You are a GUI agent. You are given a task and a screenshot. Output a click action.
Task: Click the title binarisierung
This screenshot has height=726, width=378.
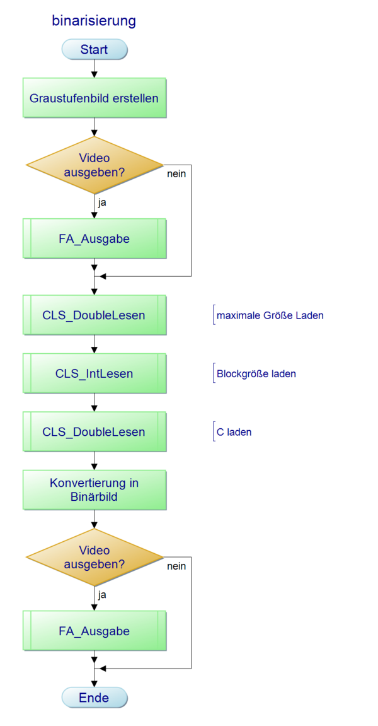94,21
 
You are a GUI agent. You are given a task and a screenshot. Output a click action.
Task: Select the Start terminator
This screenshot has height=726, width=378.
94,49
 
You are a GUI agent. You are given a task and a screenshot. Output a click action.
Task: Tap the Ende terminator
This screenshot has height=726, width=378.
94,697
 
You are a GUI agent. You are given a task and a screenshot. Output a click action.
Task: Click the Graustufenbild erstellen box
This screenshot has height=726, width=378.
94,98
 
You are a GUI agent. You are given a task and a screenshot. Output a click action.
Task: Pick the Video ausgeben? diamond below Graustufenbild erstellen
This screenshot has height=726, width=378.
94,165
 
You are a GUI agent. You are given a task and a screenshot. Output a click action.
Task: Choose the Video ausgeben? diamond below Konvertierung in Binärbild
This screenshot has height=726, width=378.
94,557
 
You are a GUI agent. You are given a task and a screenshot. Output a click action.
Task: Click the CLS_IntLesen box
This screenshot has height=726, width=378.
94,373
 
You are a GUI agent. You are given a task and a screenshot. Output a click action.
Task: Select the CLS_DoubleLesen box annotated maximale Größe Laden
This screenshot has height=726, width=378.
94,315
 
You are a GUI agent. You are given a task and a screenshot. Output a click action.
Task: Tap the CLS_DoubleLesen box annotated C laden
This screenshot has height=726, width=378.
94,432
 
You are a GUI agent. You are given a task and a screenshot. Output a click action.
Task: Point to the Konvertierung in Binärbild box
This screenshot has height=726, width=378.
94,490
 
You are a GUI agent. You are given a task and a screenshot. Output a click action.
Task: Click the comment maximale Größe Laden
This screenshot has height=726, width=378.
270,315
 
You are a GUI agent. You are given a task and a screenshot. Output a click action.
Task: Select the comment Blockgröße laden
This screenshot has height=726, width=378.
256,373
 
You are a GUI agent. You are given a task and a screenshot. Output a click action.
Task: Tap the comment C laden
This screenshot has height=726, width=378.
234,432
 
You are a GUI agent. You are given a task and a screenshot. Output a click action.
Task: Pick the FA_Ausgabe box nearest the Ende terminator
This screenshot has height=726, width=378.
94,631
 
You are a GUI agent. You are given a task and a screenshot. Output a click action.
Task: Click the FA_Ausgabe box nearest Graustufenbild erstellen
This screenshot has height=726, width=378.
94,238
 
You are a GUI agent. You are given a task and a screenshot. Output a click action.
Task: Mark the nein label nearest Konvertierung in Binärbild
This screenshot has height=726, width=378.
176,566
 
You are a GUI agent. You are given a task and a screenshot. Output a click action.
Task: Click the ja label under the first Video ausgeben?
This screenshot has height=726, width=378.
102,203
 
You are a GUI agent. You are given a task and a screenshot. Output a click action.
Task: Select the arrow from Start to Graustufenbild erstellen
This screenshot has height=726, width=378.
94,69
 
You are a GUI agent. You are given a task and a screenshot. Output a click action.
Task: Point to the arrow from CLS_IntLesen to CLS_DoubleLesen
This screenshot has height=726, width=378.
94,403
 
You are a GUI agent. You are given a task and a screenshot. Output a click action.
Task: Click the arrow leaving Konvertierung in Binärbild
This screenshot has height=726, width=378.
94,520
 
